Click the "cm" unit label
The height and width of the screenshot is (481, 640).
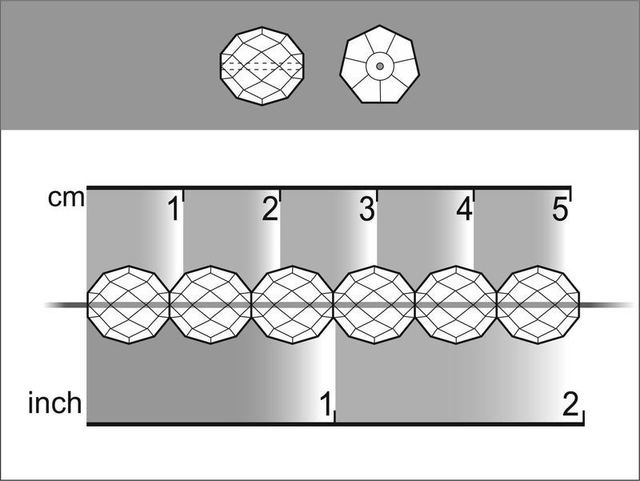(x=66, y=198)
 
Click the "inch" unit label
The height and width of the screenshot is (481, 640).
(x=55, y=403)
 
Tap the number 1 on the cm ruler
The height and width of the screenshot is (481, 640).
(x=174, y=209)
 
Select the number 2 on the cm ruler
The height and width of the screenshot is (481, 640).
(x=270, y=209)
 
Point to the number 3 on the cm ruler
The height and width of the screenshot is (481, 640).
(x=366, y=209)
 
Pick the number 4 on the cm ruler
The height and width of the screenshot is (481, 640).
(x=464, y=209)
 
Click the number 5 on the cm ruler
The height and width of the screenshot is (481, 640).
(x=560, y=209)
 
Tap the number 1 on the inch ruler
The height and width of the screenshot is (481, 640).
(x=326, y=403)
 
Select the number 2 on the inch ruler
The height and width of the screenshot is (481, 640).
(x=570, y=403)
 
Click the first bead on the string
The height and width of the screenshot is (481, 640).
(x=129, y=305)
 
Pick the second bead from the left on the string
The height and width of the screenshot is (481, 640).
(x=210, y=305)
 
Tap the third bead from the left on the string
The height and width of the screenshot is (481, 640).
(x=292, y=305)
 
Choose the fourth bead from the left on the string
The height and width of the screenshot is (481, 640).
(x=374, y=305)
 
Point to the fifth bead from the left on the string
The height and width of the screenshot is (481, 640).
(x=456, y=305)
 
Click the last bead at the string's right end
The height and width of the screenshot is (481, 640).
(x=538, y=305)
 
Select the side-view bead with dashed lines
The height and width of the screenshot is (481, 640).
(x=262, y=66)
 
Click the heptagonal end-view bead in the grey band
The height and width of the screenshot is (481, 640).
(x=379, y=64)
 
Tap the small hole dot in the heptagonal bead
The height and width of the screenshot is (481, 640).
(x=380, y=66)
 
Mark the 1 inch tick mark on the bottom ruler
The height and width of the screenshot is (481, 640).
(x=334, y=416)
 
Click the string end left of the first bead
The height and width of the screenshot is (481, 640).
(x=66, y=305)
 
